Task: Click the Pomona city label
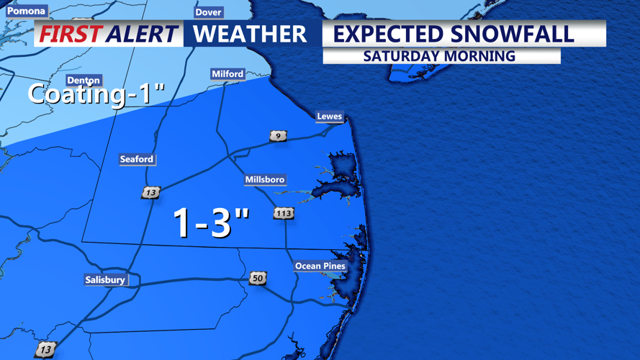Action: (26, 11)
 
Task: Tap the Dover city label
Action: (208, 12)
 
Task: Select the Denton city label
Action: (83, 81)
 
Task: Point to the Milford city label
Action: (227, 74)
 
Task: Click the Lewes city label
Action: (329, 117)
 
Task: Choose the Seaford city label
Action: (136, 159)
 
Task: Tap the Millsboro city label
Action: (265, 179)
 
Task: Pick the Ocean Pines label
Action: (320, 266)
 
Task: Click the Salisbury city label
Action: (105, 280)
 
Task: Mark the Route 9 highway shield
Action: (278, 135)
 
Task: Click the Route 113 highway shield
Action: (284, 213)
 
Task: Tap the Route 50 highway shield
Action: (258, 278)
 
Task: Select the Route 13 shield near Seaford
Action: (150, 192)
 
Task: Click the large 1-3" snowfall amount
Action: (211, 222)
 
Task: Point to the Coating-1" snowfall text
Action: (96, 94)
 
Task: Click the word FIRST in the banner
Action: (69, 34)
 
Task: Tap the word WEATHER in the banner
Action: (249, 34)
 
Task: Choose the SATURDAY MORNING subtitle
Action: (439, 55)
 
